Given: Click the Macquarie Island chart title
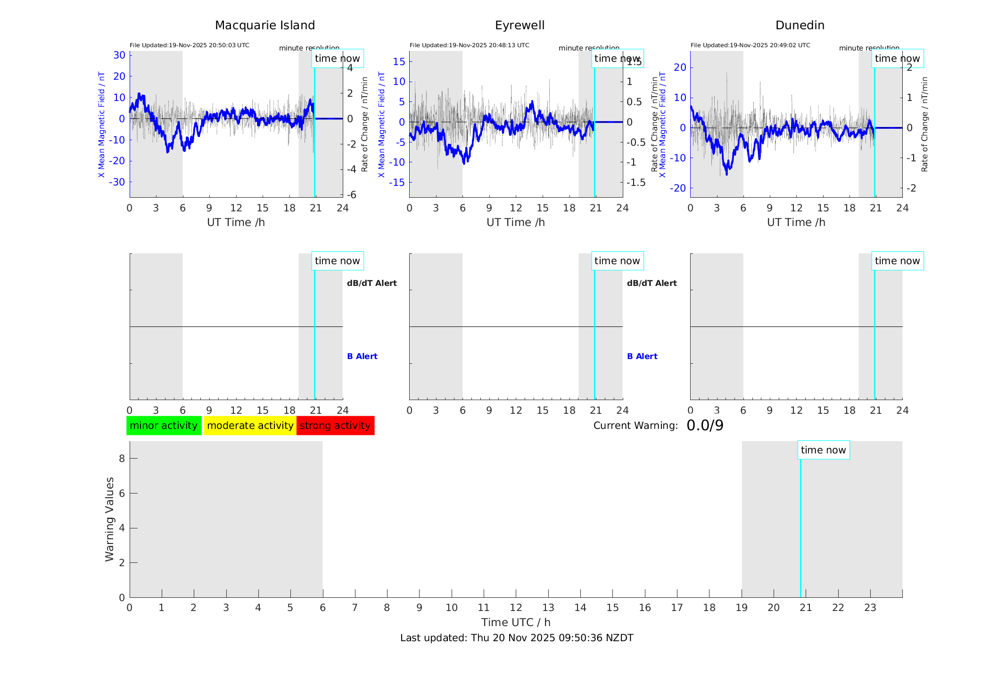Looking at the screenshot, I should pyautogui.click(x=264, y=25).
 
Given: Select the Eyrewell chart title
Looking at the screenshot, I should pyautogui.click(x=520, y=25).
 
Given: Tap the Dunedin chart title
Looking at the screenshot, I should pyautogui.click(x=800, y=25).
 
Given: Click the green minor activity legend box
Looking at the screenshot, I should pyautogui.click(x=164, y=426).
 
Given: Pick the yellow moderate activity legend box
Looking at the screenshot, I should pyautogui.click(x=250, y=426).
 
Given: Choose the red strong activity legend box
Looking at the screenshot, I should pyautogui.click(x=335, y=426).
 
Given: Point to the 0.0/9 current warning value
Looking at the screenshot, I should pyautogui.click(x=705, y=426).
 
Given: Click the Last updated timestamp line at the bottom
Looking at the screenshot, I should pyautogui.click(x=517, y=638).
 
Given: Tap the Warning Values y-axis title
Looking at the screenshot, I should pyautogui.click(x=110, y=519).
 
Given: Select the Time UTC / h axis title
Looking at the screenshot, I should pyautogui.click(x=516, y=622).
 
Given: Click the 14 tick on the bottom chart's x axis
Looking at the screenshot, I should pyautogui.click(x=580, y=608).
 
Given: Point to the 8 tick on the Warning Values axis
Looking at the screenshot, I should pyautogui.click(x=122, y=458).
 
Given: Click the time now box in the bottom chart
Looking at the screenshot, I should pyautogui.click(x=823, y=450).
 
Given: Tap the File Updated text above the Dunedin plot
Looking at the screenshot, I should pyautogui.click(x=750, y=45).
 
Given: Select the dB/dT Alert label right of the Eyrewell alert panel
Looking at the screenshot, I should pyautogui.click(x=652, y=283).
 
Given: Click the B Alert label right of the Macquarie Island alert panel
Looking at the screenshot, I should pyautogui.click(x=362, y=356).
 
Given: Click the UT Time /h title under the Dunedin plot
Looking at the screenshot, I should pyautogui.click(x=796, y=222).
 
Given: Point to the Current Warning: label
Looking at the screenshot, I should pyautogui.click(x=635, y=426).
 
